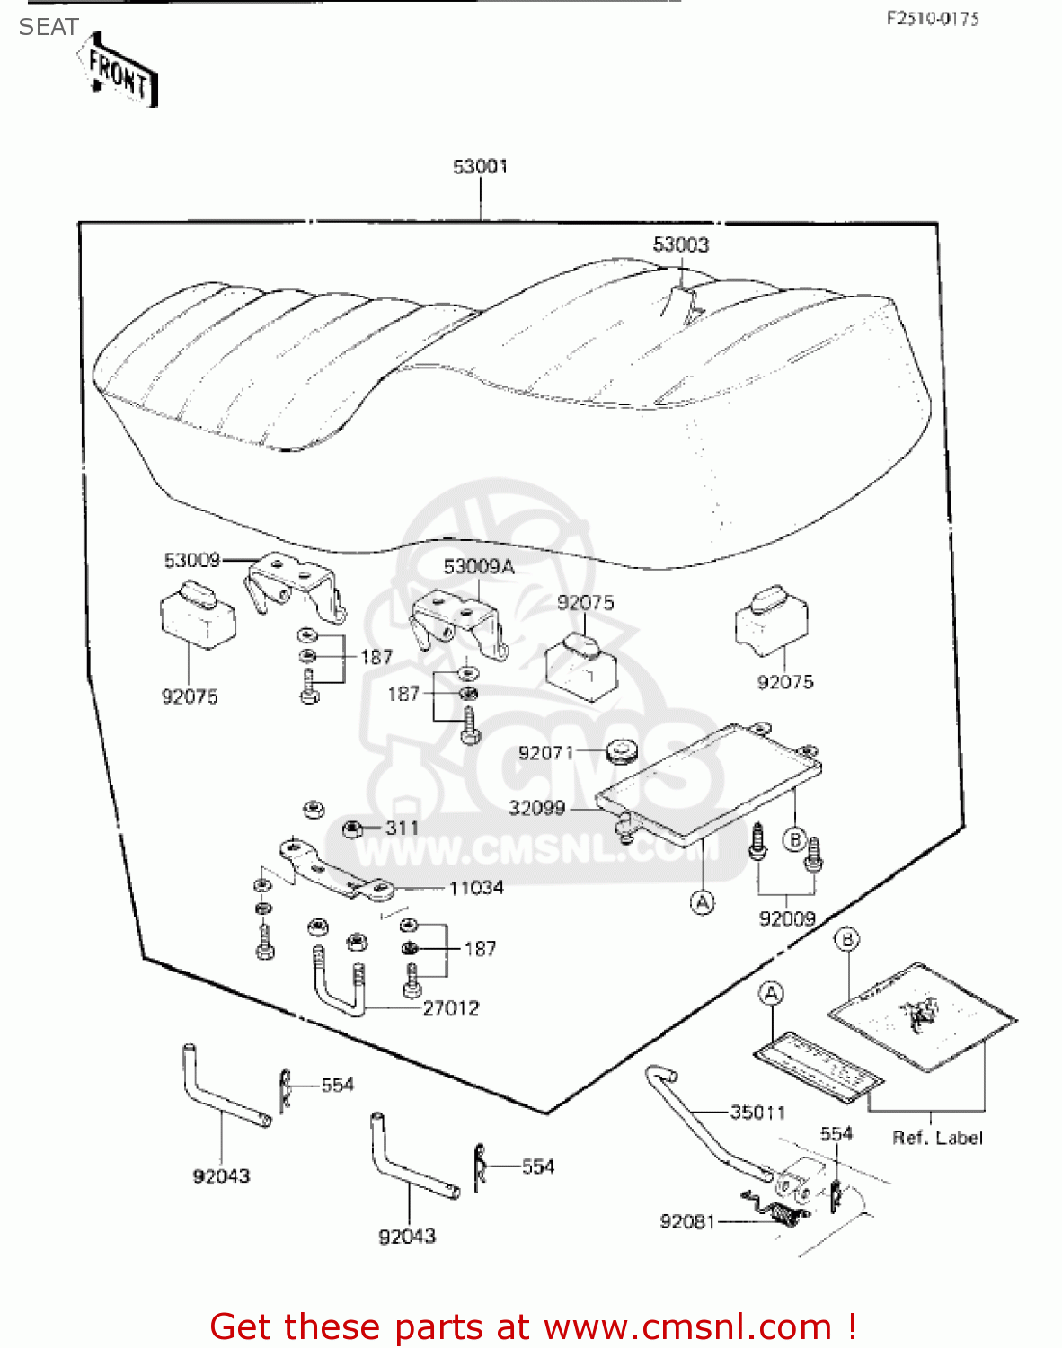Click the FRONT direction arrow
click(x=119, y=72)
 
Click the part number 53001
click(x=480, y=166)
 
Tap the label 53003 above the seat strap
click(x=680, y=244)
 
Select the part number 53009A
click(x=478, y=566)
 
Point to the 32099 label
click(x=536, y=808)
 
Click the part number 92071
click(x=544, y=753)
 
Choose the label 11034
click(x=476, y=888)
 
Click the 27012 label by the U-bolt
click(x=451, y=1008)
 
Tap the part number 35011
click(x=757, y=1113)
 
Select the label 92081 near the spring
click(x=687, y=1221)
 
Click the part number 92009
click(x=787, y=918)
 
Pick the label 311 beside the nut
click(x=402, y=828)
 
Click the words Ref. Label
click(x=937, y=1138)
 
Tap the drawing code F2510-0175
click(x=933, y=18)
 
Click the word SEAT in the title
click(x=49, y=27)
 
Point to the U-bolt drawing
click(x=338, y=981)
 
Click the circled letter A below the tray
click(x=703, y=901)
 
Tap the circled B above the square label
click(x=846, y=940)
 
